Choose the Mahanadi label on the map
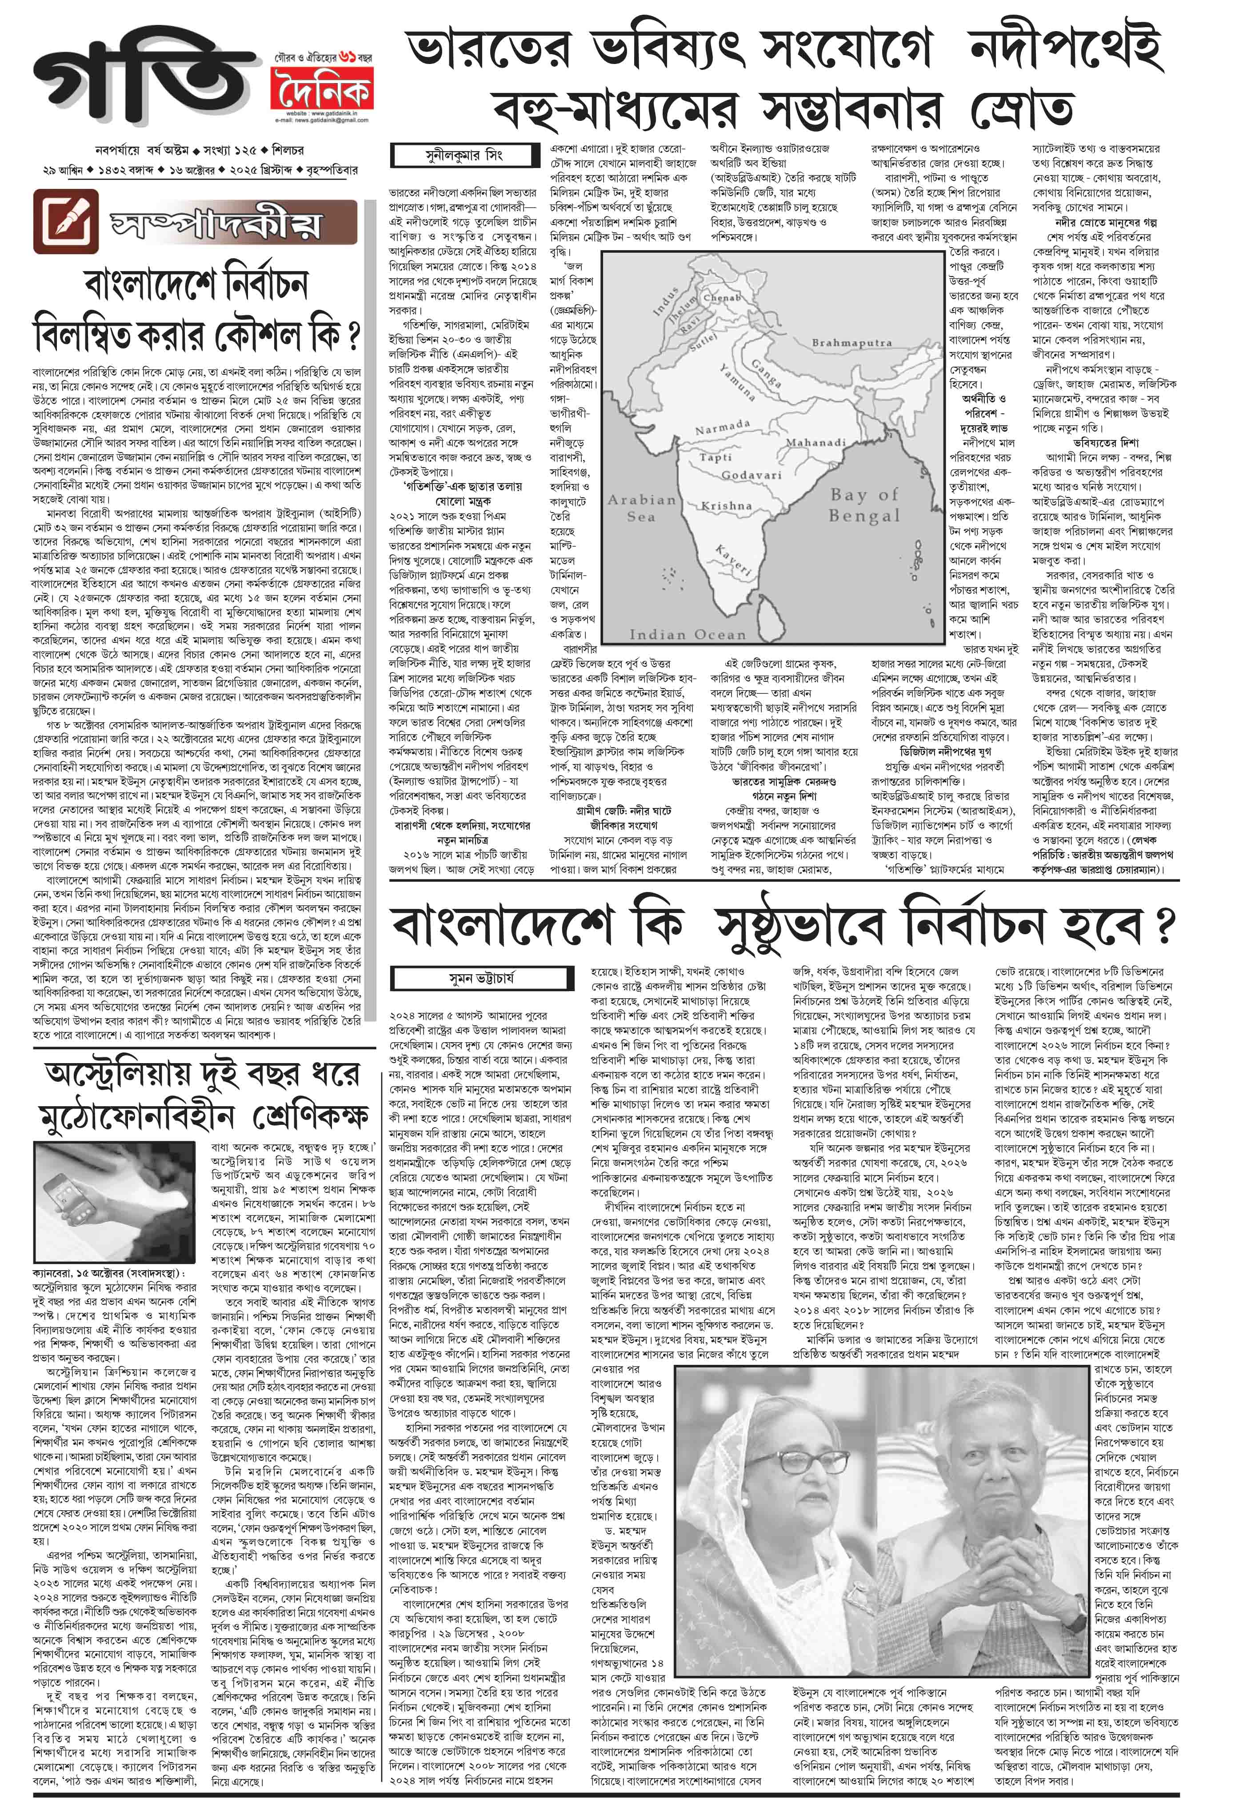coord(815,442)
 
